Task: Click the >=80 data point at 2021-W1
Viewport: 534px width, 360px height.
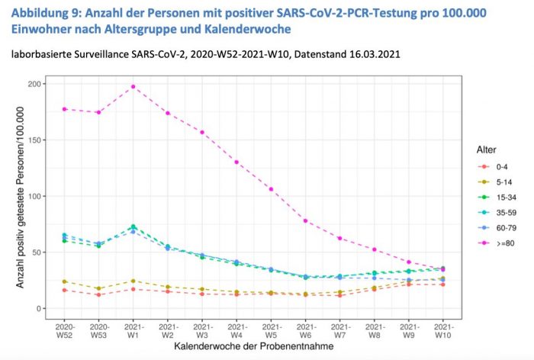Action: [133, 86]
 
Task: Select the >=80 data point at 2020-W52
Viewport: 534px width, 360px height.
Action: [64, 109]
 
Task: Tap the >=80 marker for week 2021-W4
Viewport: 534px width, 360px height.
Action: [236, 162]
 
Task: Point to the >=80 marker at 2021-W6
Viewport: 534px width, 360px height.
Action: [305, 220]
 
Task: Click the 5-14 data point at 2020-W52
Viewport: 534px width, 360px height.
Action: [64, 281]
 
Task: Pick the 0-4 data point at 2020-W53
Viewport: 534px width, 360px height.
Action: [98, 294]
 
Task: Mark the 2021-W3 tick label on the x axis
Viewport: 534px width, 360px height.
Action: [202, 329]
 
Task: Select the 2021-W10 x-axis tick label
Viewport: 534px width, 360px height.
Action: [443, 329]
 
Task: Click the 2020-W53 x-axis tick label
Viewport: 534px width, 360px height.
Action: [98, 329]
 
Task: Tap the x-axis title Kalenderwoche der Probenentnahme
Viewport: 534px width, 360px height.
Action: [253, 348]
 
